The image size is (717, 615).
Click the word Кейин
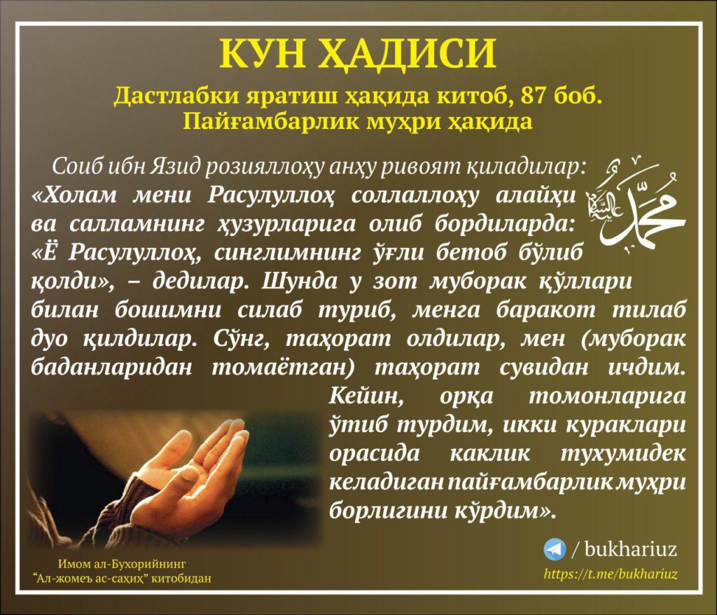point(366,396)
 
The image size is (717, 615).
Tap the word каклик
point(489,454)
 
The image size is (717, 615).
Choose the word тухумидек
point(622,454)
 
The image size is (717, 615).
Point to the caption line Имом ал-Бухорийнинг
point(122,564)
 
